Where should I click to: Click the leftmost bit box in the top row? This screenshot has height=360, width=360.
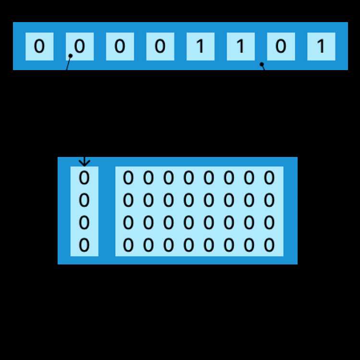click(x=39, y=47)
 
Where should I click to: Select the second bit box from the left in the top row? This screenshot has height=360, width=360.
click(x=80, y=47)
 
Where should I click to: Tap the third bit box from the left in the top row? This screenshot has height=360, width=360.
click(x=120, y=47)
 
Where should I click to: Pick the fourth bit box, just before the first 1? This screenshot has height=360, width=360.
click(x=160, y=47)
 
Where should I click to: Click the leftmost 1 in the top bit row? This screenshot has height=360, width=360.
click(x=201, y=46)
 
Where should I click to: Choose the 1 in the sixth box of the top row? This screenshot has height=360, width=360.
click(x=240, y=46)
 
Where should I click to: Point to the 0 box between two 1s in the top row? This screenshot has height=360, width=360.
click(x=281, y=47)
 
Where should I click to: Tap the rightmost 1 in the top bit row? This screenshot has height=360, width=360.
click(x=321, y=46)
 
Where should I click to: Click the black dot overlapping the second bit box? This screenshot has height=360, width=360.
click(x=71, y=56)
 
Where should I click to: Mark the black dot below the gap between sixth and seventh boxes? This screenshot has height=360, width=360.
click(x=262, y=64)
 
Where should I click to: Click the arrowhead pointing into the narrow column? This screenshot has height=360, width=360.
click(x=84, y=163)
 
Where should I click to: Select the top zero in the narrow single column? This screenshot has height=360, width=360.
click(x=84, y=178)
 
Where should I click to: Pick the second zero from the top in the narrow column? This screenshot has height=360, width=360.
click(x=84, y=200)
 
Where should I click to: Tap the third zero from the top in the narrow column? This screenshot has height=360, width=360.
click(x=84, y=223)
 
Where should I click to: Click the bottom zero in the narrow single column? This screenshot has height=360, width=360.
click(x=84, y=245)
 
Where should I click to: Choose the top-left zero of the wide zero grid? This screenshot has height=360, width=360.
click(x=128, y=178)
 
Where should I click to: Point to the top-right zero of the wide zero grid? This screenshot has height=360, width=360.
click(x=269, y=178)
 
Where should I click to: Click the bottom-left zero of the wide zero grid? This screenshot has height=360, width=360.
click(x=128, y=245)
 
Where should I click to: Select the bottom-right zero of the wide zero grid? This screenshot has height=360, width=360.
click(x=269, y=245)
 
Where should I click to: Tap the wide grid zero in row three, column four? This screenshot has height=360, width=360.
click(x=189, y=223)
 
